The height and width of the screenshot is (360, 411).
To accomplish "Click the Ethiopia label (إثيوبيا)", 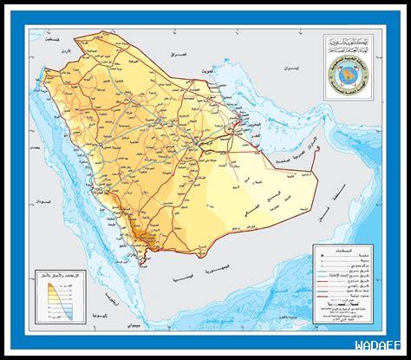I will click(x=95, y=299).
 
